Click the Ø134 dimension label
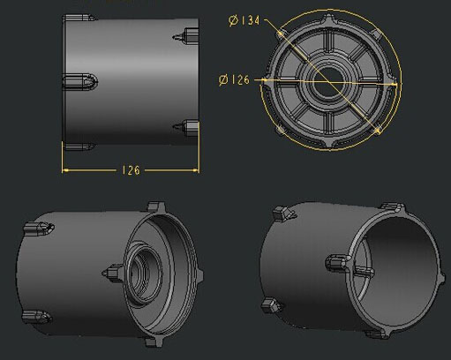(244, 21)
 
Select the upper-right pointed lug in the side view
(186, 36)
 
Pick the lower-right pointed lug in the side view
(186, 125)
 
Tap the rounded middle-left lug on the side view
(80, 81)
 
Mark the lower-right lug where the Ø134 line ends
(379, 130)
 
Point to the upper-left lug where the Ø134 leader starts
(282, 33)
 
